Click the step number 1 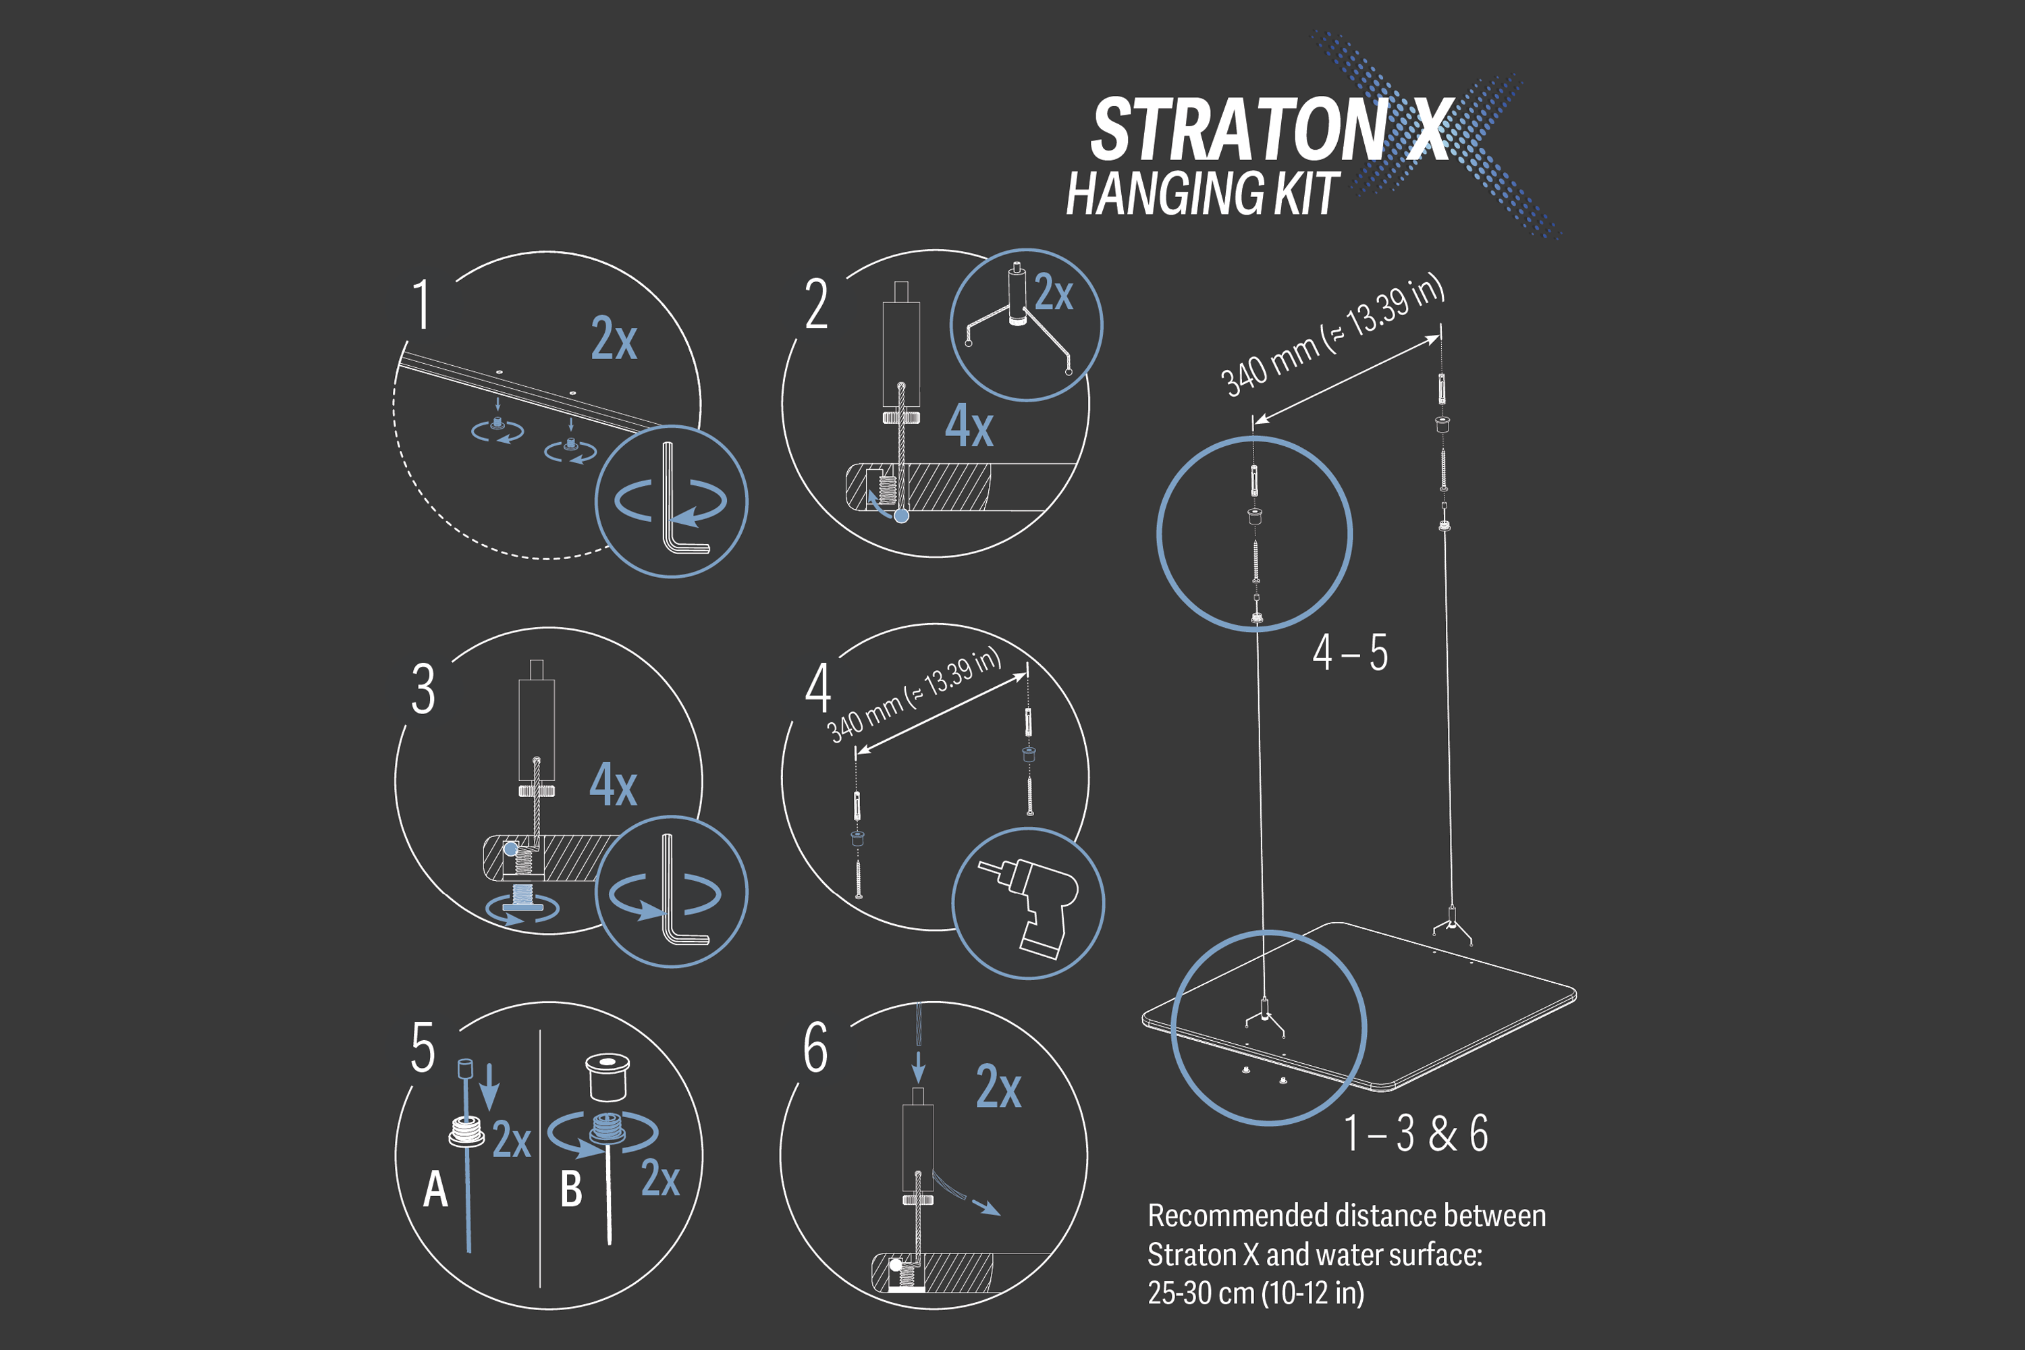click(421, 305)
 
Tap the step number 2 click(816, 305)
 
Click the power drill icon click(1029, 904)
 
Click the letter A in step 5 click(435, 1190)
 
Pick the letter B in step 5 click(571, 1190)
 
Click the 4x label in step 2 click(969, 425)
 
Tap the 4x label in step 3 click(613, 784)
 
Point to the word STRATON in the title click(1238, 129)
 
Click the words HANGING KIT click(1202, 193)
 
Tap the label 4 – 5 click(1350, 653)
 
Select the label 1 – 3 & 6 click(1415, 1133)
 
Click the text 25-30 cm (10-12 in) click(1255, 1293)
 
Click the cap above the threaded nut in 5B click(607, 1076)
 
